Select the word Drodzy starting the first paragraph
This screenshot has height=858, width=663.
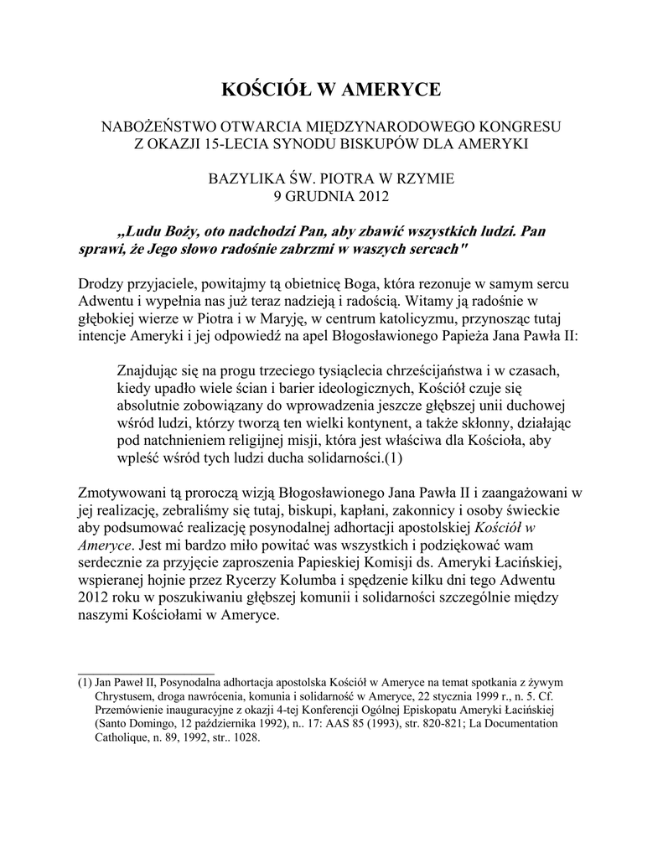click(102, 285)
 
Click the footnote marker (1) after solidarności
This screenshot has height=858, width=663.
click(394, 458)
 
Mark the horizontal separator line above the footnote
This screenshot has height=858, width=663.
click(146, 673)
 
